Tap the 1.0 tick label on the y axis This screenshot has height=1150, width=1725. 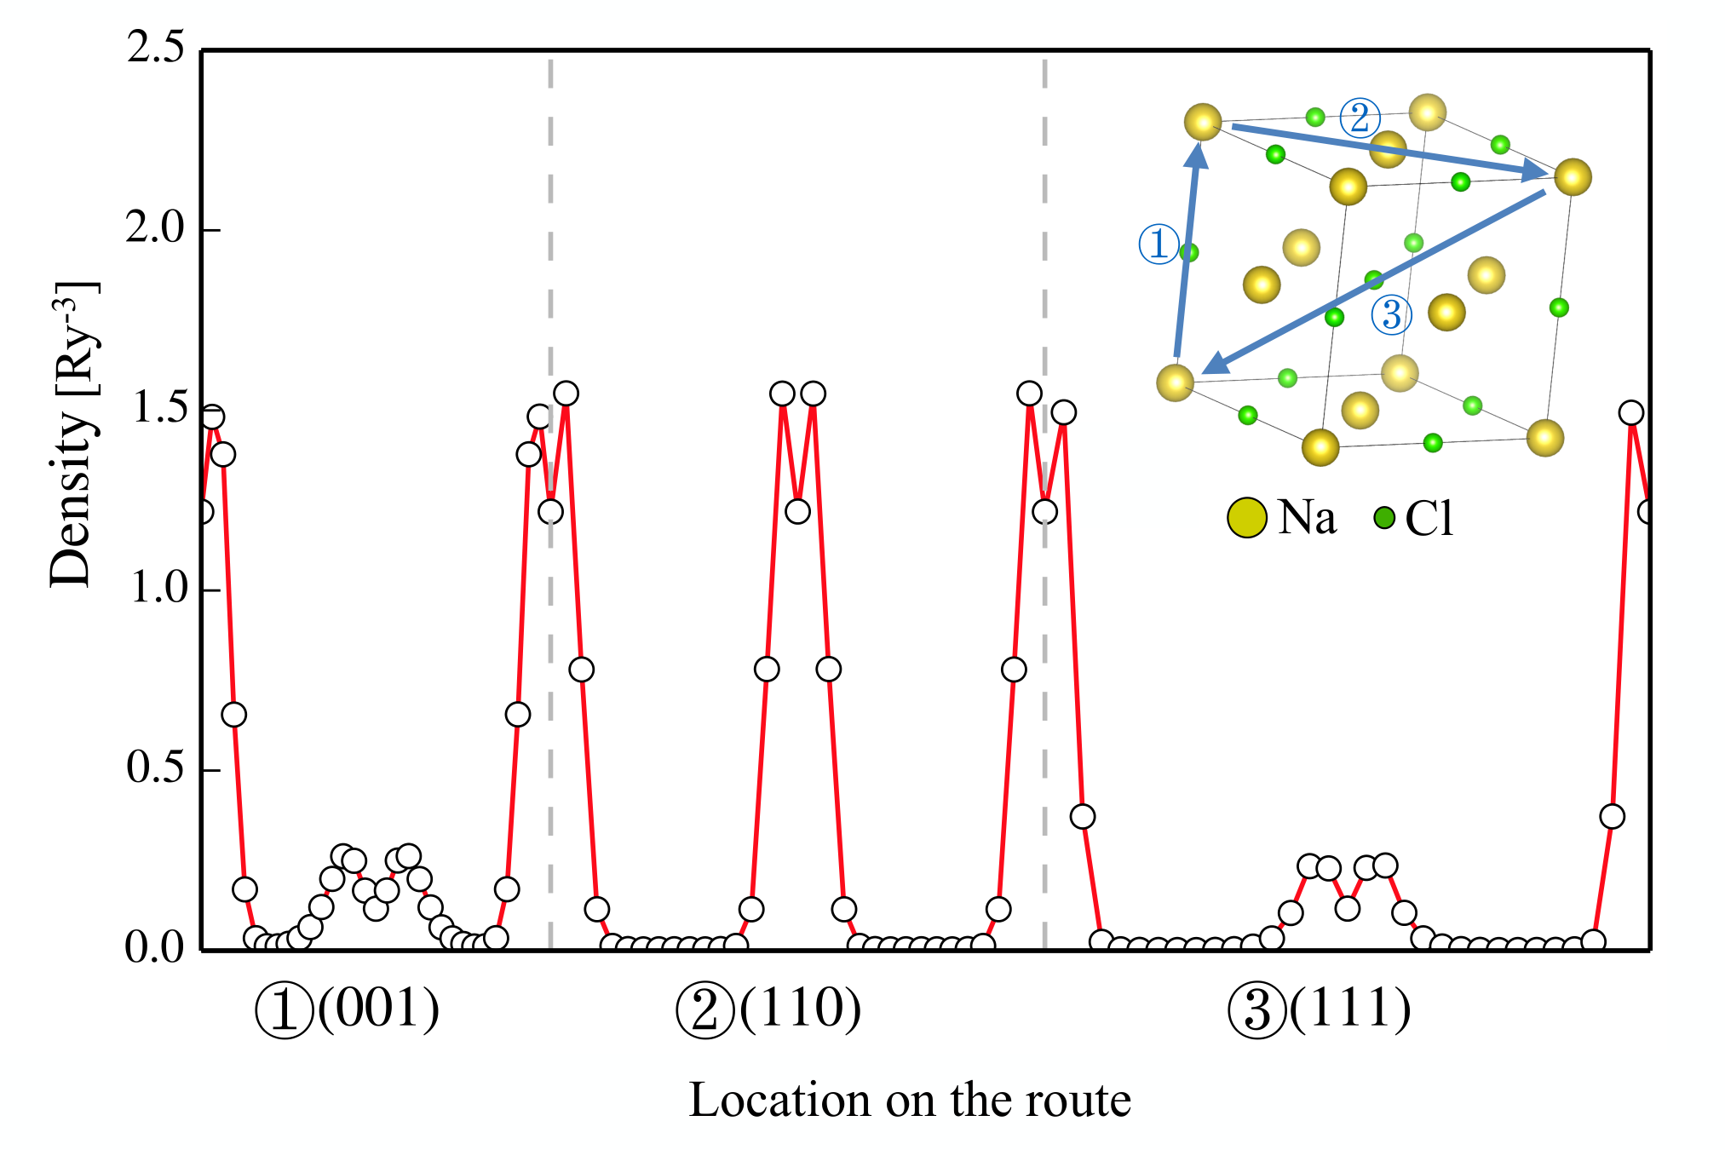(x=155, y=588)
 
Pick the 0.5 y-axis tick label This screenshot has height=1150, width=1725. (x=155, y=768)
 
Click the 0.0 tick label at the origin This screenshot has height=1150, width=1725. (x=155, y=947)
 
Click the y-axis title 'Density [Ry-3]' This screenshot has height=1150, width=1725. (x=72, y=434)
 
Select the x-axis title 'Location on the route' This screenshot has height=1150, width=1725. (x=910, y=1100)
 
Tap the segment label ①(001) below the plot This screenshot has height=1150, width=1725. (x=348, y=1010)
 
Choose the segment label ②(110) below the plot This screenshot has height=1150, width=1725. (x=768, y=1010)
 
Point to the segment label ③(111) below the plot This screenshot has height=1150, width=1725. (x=1320, y=1010)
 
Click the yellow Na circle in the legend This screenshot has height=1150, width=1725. (x=1247, y=518)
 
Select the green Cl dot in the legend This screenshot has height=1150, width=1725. (x=1384, y=516)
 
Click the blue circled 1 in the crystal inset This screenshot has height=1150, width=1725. (x=1159, y=244)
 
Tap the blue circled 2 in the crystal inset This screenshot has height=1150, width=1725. (x=1360, y=118)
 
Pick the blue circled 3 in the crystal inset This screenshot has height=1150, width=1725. (x=1391, y=314)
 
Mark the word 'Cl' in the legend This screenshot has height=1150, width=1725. (x=1429, y=518)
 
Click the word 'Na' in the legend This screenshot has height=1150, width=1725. (x=1307, y=517)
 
